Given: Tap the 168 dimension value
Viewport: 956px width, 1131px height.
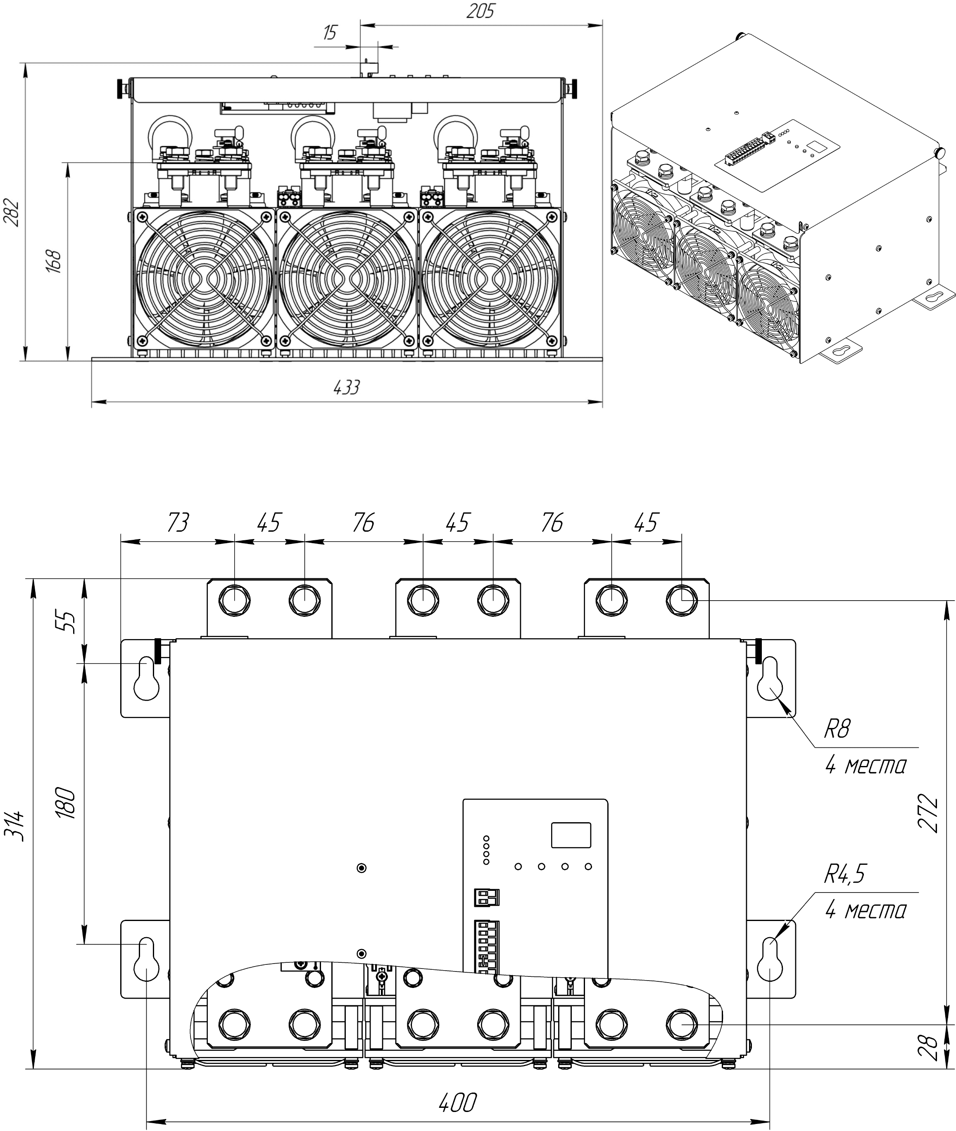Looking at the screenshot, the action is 54,261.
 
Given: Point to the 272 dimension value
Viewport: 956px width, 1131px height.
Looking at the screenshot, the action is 928,813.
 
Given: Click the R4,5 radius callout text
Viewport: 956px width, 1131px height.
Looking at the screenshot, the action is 845,875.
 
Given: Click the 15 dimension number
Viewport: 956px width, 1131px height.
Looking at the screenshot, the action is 330,33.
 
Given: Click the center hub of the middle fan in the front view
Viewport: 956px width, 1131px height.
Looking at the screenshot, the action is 347,279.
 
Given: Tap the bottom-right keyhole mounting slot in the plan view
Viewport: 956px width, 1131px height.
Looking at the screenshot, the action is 770,959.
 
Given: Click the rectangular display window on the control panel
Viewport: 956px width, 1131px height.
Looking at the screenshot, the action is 571,835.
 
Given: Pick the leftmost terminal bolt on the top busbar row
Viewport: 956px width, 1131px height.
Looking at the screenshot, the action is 234,601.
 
